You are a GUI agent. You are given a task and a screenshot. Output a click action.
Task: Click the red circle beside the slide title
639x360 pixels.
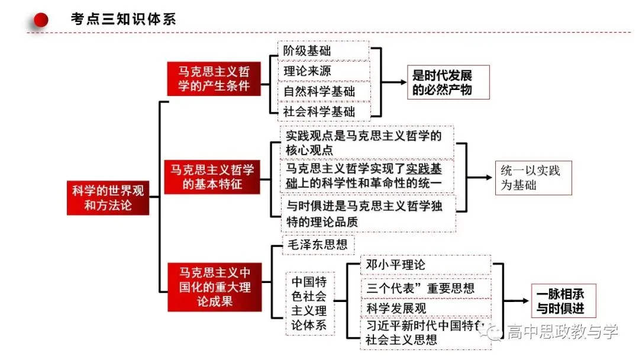tap(41, 20)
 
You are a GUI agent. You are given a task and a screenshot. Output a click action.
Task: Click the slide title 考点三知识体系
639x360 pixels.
tap(123, 19)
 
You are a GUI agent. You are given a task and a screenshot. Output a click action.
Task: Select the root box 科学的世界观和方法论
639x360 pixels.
tap(108, 198)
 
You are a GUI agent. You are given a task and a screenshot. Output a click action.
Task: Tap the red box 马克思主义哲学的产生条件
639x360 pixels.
tap(214, 79)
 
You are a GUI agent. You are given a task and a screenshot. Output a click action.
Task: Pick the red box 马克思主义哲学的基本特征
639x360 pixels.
tap(212, 177)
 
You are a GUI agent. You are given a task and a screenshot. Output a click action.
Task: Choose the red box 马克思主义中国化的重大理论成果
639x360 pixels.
tap(215, 287)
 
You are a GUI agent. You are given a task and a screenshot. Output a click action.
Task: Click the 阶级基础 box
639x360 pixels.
tap(324, 50)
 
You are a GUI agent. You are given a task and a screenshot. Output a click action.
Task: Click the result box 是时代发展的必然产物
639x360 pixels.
tap(448, 82)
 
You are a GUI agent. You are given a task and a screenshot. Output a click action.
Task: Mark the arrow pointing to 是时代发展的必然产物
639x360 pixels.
tap(394, 82)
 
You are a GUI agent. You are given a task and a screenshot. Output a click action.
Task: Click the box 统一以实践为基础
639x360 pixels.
tap(534, 178)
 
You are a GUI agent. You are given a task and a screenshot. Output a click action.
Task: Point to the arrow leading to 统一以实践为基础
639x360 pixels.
tap(480, 178)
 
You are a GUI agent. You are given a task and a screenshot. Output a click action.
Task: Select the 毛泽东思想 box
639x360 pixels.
tap(318, 245)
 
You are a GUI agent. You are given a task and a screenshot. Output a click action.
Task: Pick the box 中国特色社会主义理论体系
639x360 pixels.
tap(309, 304)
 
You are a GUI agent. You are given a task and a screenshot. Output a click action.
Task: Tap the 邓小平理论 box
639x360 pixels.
tap(426, 265)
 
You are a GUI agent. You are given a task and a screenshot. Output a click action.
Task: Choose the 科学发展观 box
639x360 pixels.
tap(426, 308)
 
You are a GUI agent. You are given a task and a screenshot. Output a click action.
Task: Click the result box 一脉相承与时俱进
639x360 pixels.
tap(564, 301)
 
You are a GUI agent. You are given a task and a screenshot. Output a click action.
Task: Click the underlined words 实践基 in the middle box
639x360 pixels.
tap(424, 169)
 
